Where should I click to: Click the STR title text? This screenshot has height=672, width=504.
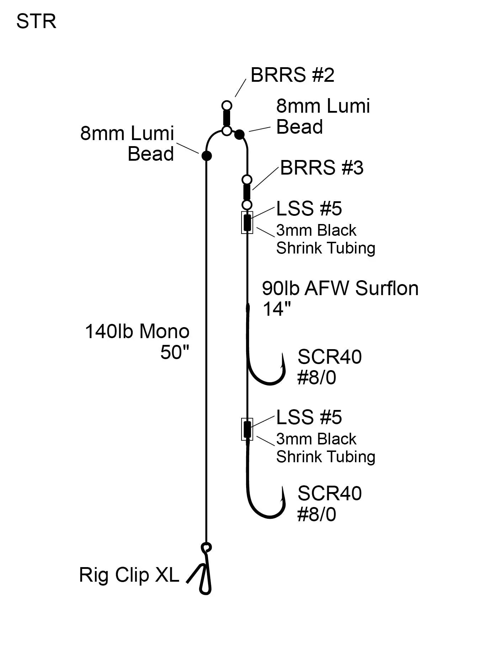[x=36, y=22]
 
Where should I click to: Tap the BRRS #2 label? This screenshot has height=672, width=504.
[x=292, y=75]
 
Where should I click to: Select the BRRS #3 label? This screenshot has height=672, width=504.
[x=322, y=167]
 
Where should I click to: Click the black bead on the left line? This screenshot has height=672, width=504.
[x=207, y=156]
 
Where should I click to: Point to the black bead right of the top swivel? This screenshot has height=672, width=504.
[x=240, y=134]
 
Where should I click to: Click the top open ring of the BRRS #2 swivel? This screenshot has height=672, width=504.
[x=227, y=106]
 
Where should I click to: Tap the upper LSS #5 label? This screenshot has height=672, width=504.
[x=309, y=209]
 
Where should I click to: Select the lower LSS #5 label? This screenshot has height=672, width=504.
[x=309, y=417]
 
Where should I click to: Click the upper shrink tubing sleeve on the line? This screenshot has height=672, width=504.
[x=247, y=223]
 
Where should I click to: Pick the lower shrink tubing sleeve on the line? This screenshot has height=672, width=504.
[x=247, y=429]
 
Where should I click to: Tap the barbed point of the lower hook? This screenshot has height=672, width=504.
[x=283, y=491]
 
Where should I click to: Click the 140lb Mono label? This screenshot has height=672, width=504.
[x=137, y=331]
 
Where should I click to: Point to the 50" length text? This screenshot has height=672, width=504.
[x=175, y=352]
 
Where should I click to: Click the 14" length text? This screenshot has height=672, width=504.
[x=276, y=309]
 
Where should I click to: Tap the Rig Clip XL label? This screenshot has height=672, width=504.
[x=129, y=575]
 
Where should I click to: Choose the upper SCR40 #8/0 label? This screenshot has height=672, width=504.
[x=329, y=367]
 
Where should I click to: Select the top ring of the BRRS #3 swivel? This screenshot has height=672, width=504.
[x=247, y=179]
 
